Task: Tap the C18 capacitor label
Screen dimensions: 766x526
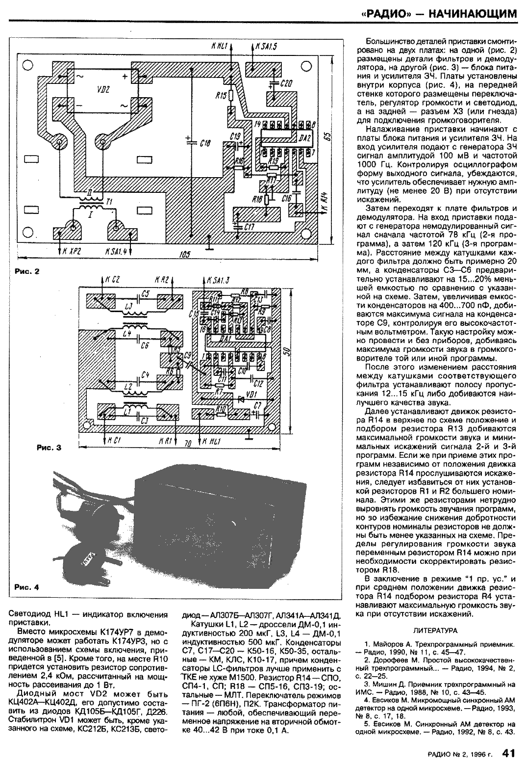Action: tap(205, 143)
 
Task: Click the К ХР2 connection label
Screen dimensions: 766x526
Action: tap(70, 251)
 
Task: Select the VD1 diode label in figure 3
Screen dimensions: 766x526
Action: tap(251, 394)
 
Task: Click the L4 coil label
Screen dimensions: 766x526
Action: tap(127, 334)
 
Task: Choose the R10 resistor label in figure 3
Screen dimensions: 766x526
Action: tap(221, 408)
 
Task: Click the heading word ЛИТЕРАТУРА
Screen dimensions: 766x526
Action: tap(435, 630)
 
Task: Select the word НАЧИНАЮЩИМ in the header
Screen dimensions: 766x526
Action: tap(473, 14)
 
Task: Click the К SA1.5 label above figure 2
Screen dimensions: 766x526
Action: tap(266, 47)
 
